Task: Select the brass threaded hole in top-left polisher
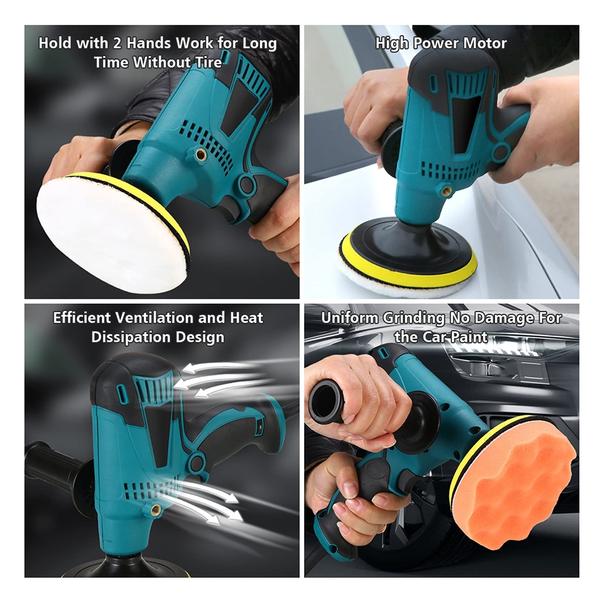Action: pos(199,153)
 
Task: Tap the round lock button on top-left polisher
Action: pos(246,184)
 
